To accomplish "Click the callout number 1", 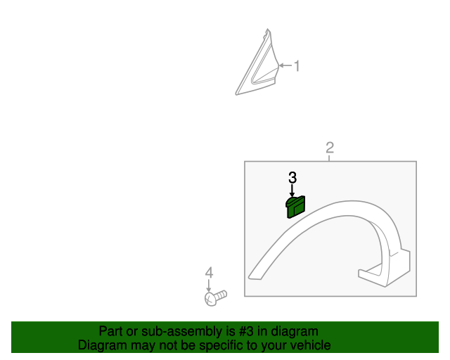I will point(297,67).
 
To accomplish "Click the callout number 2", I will point(329,148).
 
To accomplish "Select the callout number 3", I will point(292,177).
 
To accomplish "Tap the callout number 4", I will point(208,272).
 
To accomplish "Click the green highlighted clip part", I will point(295,207).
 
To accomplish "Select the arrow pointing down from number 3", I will point(292,190).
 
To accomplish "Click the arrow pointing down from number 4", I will point(208,285).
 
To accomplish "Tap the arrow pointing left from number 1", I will point(285,67).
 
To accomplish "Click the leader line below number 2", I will point(329,158).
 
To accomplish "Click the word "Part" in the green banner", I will point(111,331).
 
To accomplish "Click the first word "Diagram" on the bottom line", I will point(102,345).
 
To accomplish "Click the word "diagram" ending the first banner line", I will point(295,331).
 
